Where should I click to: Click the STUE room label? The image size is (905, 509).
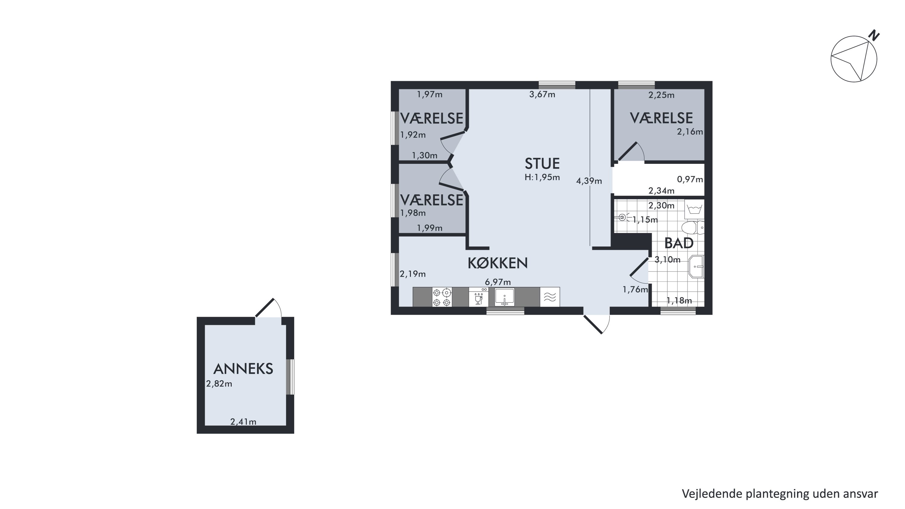[542, 164]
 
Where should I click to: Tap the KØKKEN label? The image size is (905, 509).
[497, 263]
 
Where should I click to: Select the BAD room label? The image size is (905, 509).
[679, 243]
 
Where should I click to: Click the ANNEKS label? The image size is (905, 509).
[243, 369]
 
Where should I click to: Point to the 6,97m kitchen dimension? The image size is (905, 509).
[498, 282]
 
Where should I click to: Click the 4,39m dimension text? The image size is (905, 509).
[589, 181]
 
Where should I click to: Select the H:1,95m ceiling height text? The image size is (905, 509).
[542, 177]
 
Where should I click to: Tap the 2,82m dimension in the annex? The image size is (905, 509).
[219, 383]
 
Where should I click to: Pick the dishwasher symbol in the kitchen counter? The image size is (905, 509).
[478, 297]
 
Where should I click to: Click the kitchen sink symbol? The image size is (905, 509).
[504, 297]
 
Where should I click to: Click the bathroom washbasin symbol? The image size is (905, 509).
[697, 267]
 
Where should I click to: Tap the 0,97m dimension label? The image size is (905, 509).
[690, 180]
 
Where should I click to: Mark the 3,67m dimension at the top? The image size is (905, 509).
[542, 94]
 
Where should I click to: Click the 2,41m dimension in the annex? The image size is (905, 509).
[243, 422]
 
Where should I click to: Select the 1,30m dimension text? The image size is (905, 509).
[424, 155]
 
